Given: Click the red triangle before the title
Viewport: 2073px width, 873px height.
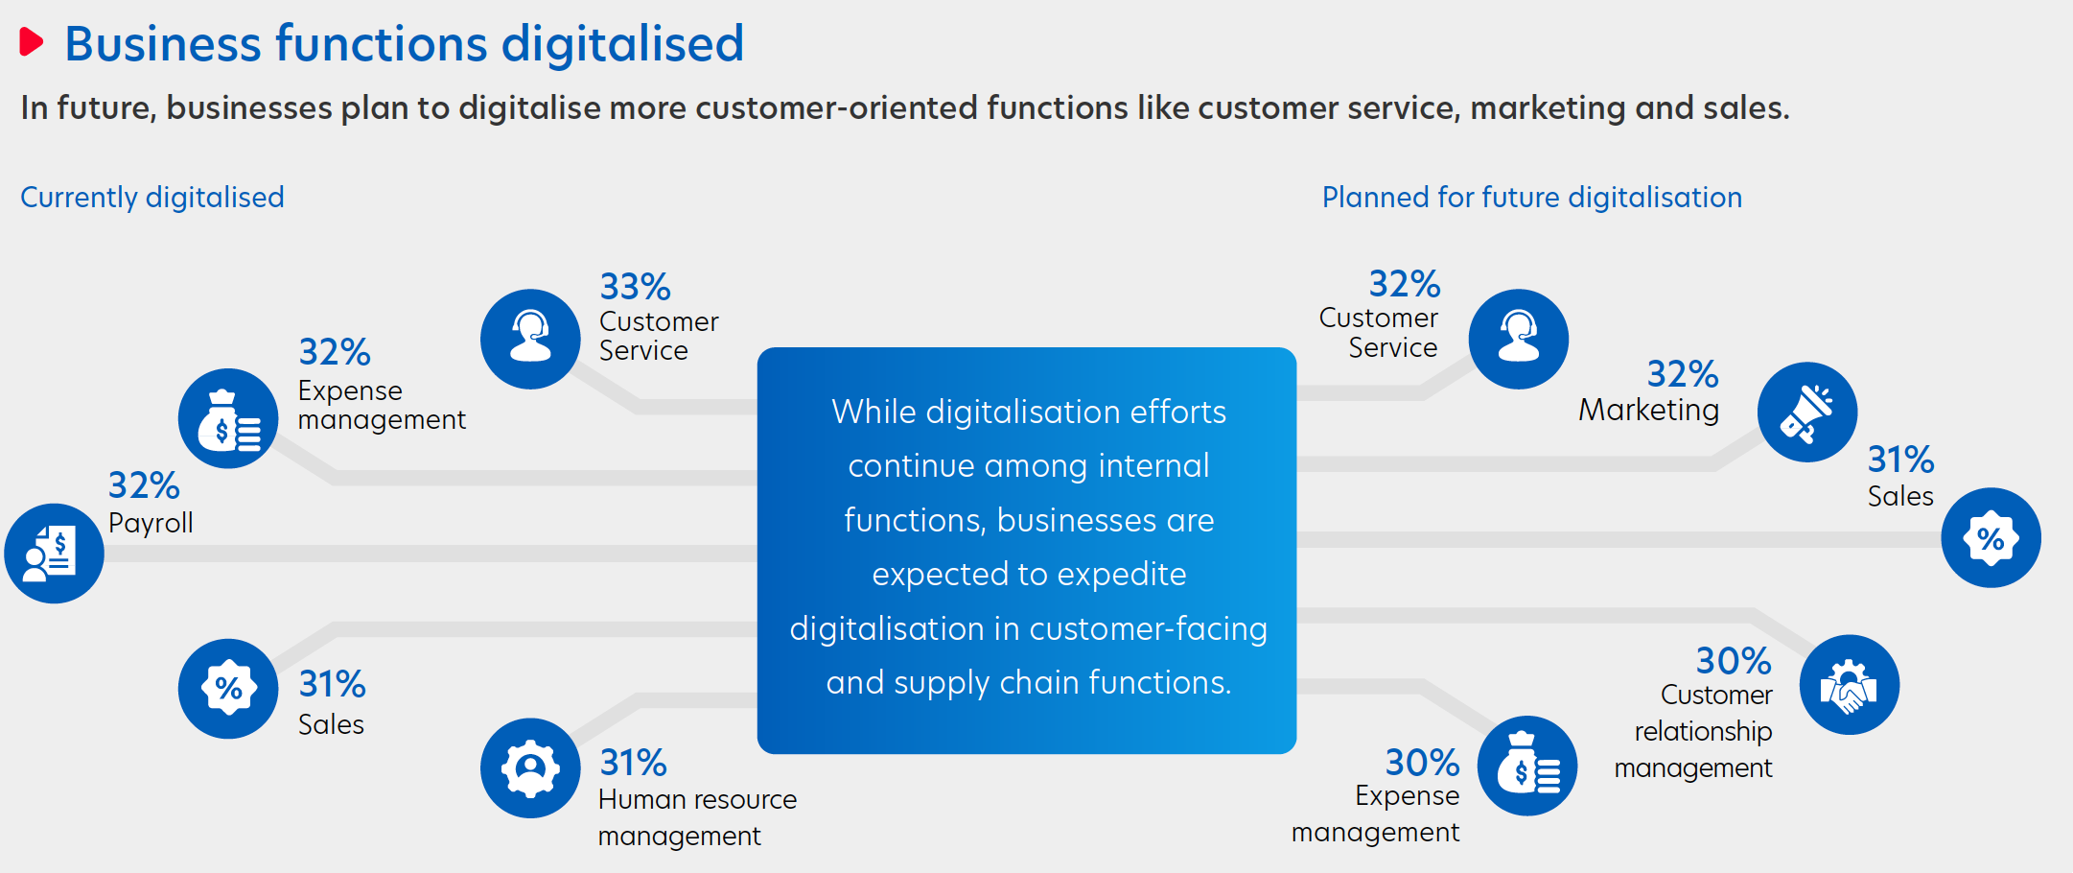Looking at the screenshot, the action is click(x=31, y=42).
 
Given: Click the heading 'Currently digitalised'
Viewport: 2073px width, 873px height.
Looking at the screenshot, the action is click(x=152, y=197).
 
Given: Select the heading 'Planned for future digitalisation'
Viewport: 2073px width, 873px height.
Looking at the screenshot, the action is click(x=1531, y=197).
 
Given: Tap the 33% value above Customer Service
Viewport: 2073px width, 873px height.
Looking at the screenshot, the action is click(x=635, y=286).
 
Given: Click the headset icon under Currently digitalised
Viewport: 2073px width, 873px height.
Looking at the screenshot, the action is click(x=530, y=339).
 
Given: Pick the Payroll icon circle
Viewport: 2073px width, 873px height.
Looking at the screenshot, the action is click(x=55, y=554).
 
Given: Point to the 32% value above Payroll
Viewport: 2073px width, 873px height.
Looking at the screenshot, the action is click(x=144, y=485).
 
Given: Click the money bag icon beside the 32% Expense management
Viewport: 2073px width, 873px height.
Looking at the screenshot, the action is click(x=228, y=418).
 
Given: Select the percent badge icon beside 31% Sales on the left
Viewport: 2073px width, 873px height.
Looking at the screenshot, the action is click(x=228, y=688).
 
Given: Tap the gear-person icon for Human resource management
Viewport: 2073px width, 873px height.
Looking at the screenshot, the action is click(x=530, y=767).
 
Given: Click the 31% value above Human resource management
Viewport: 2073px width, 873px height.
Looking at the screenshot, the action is click(x=633, y=763).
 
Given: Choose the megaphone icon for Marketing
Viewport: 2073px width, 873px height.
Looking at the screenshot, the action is click(x=1807, y=412).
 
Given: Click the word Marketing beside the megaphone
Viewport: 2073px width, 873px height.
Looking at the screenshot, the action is click(x=1648, y=411).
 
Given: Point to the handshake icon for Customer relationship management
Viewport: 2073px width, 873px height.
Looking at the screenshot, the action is click(x=1850, y=685).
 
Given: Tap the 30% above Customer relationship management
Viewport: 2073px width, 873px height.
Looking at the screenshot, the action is click(x=1734, y=660).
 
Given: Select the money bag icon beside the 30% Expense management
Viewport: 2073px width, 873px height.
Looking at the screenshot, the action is click(x=1527, y=766).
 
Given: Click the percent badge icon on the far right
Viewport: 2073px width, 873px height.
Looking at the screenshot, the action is click(x=1991, y=537).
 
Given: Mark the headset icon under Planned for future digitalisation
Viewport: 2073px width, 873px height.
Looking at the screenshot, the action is click(x=1519, y=339).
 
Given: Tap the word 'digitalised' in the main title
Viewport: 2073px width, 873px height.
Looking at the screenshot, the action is click(x=622, y=43).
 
